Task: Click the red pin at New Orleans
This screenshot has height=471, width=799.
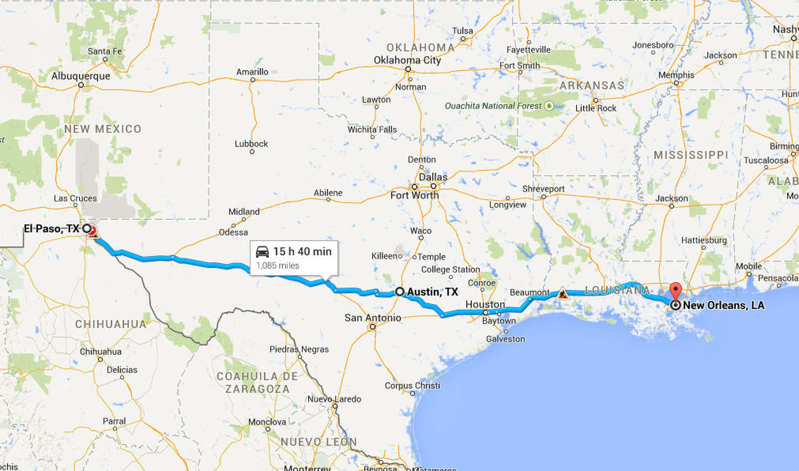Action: coord(676,291)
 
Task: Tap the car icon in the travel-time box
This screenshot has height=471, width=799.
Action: coord(262,251)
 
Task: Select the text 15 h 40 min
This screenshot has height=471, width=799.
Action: coord(302,251)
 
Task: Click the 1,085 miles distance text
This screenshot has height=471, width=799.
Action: coord(277,265)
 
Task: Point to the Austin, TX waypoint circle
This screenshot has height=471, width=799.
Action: coord(399,291)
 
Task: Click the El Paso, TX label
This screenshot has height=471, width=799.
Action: coord(52,228)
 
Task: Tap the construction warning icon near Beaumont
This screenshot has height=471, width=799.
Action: coord(563,293)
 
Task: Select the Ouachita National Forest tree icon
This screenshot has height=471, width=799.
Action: coord(549,106)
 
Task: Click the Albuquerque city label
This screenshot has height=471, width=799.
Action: coord(81,76)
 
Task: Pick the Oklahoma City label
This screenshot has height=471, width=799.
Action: coord(407,60)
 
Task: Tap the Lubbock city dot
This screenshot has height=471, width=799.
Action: coord(252,151)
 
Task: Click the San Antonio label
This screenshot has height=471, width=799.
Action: coord(373,318)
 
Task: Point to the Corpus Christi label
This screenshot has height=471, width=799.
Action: coord(412,385)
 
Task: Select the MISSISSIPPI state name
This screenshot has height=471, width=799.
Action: coord(691,155)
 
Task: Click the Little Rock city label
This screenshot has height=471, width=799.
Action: coord(596,108)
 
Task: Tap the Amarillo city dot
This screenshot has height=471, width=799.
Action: coord(253,80)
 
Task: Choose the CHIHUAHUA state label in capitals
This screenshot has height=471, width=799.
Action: coord(110,324)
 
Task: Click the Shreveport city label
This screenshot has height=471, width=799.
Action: coord(543,189)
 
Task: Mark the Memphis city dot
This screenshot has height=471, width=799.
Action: coord(676,83)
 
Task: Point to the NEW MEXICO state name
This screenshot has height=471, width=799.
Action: coord(103,129)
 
